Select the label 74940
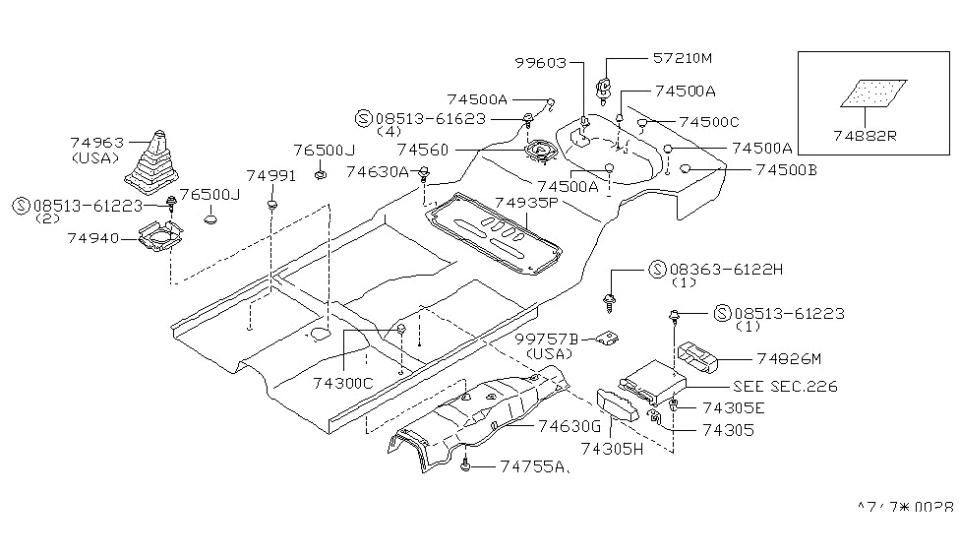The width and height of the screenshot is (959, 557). click(x=94, y=237)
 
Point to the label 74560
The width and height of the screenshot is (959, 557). click(x=424, y=151)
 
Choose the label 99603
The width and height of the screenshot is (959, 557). click(x=540, y=62)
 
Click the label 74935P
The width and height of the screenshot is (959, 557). click(x=526, y=203)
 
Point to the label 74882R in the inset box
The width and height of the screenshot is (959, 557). click(x=865, y=137)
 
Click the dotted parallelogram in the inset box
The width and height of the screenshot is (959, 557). click(x=869, y=93)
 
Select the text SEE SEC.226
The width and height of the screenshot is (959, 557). click(x=785, y=387)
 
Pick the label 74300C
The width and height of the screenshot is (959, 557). click(x=341, y=383)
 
